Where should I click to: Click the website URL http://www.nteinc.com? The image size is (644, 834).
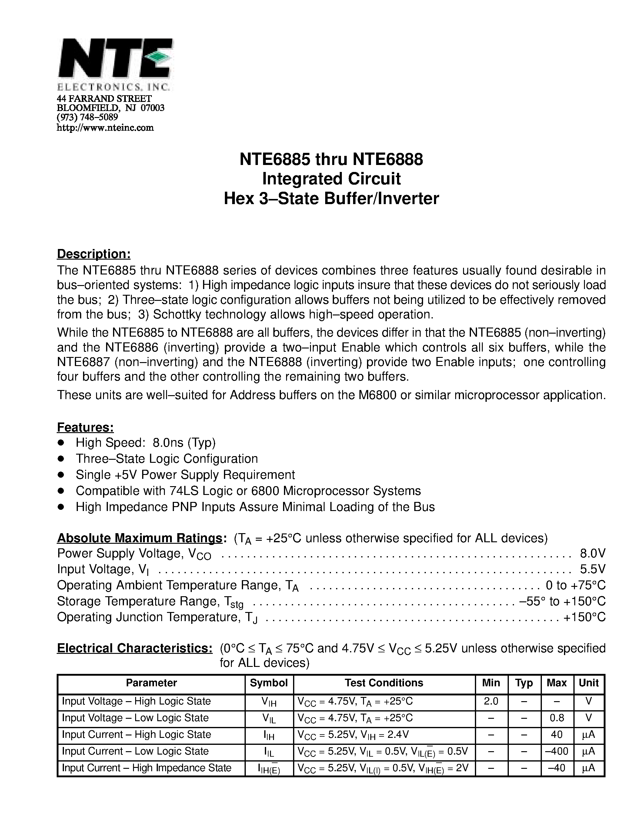pos(105,128)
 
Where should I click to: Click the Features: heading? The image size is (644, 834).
pos(85,427)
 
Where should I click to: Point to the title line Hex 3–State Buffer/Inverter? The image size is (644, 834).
pos(331,199)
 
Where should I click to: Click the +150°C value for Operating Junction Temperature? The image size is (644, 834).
pos(585,617)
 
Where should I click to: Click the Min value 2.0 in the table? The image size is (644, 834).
pos(491,701)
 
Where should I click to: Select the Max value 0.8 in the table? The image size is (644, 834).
pos(557,718)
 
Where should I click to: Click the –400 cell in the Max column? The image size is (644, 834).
pos(557,752)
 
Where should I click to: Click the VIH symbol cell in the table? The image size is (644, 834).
pos(269,702)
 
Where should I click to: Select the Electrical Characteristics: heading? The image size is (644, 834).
pos(135,648)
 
